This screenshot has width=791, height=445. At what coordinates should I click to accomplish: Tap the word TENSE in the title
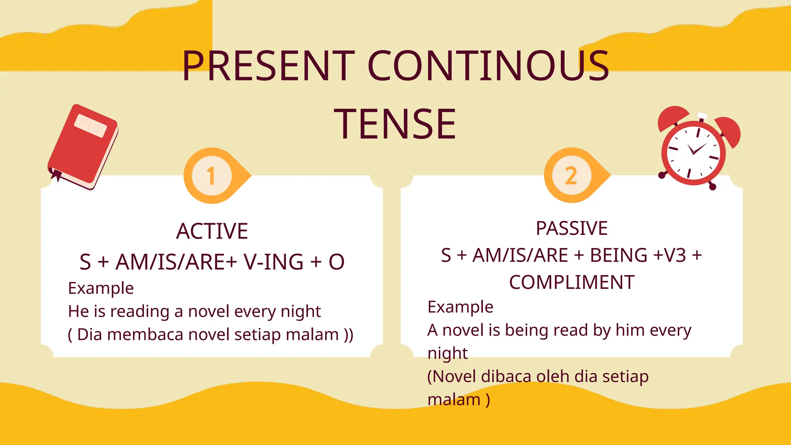click(x=395, y=124)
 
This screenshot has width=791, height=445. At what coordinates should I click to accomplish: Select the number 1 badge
click(x=211, y=176)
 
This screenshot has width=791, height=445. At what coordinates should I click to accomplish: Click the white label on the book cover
click(x=91, y=126)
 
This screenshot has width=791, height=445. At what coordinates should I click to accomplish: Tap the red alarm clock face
click(x=693, y=153)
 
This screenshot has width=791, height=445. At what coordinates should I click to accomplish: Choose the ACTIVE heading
click(x=212, y=231)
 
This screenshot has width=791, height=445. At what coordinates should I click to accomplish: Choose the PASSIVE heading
click(x=572, y=228)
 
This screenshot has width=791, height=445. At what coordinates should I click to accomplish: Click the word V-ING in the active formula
click(x=273, y=262)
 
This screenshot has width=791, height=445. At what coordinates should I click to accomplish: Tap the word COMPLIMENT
click(x=572, y=282)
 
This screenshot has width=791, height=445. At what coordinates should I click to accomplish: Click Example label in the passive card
click(x=460, y=307)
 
